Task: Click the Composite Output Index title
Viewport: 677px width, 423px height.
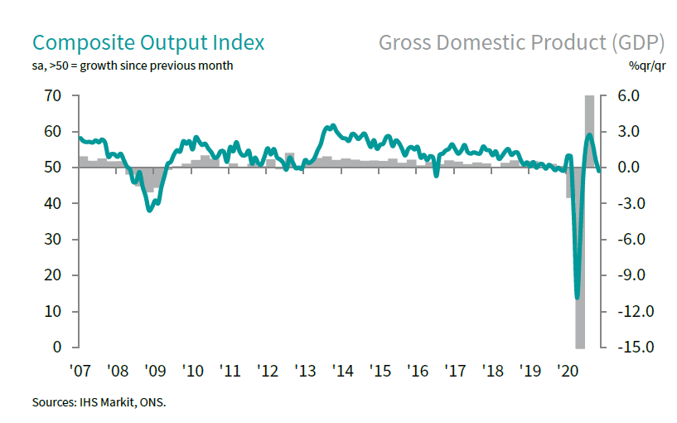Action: (x=148, y=43)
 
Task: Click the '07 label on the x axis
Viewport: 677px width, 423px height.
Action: (x=80, y=370)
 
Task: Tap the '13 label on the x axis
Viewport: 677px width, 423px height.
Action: (x=305, y=370)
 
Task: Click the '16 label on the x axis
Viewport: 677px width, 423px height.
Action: (x=418, y=370)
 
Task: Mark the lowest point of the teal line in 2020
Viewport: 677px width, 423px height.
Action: (x=577, y=297)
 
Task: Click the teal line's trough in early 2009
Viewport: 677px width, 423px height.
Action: (x=149, y=210)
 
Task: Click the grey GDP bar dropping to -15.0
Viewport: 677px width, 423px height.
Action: (x=580, y=257)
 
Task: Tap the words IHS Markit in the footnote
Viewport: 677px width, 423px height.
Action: (x=106, y=403)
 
